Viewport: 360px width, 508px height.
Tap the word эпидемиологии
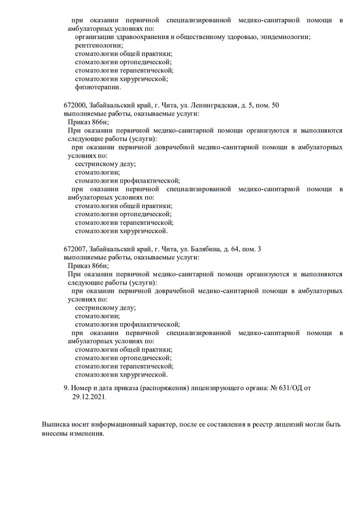(x=285, y=37)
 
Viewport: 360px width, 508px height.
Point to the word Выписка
(x=56, y=425)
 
